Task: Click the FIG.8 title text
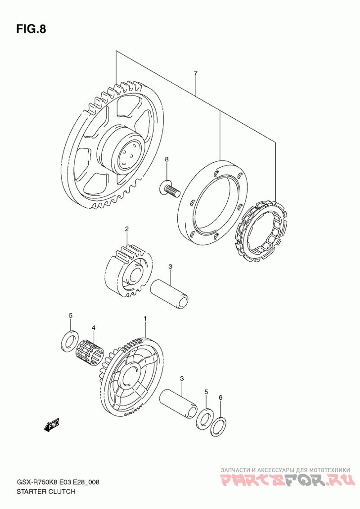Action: point(31,29)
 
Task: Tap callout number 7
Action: point(195,73)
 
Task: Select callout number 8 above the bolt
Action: point(166,160)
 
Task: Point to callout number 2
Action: point(127,229)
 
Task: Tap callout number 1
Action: point(145,318)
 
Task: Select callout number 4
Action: point(94,328)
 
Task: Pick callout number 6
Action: point(220,397)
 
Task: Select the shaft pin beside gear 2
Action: point(170,294)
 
